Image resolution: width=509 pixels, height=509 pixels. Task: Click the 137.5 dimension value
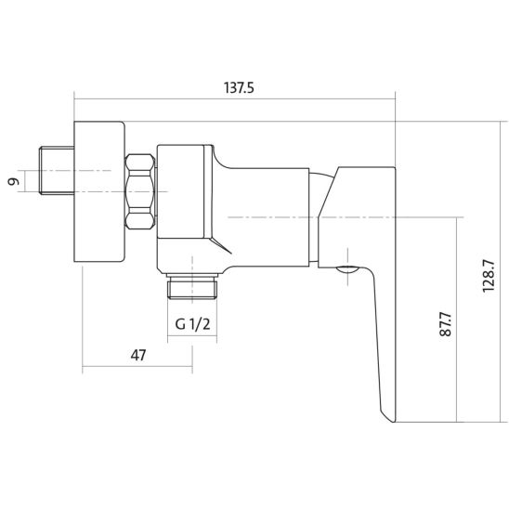239,87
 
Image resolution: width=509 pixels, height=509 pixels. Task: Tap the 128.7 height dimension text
489,276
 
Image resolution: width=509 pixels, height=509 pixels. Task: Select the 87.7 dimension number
446,324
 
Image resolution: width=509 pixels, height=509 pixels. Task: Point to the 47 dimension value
138,355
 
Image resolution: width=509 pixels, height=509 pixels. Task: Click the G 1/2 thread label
192,324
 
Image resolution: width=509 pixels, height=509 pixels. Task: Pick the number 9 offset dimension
13,181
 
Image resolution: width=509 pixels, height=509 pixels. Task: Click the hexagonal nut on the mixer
140,191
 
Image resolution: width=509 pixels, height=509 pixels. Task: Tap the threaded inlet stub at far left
57,170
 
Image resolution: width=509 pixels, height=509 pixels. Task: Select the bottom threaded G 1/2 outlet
192,286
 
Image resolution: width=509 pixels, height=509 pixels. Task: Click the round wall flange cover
99,191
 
